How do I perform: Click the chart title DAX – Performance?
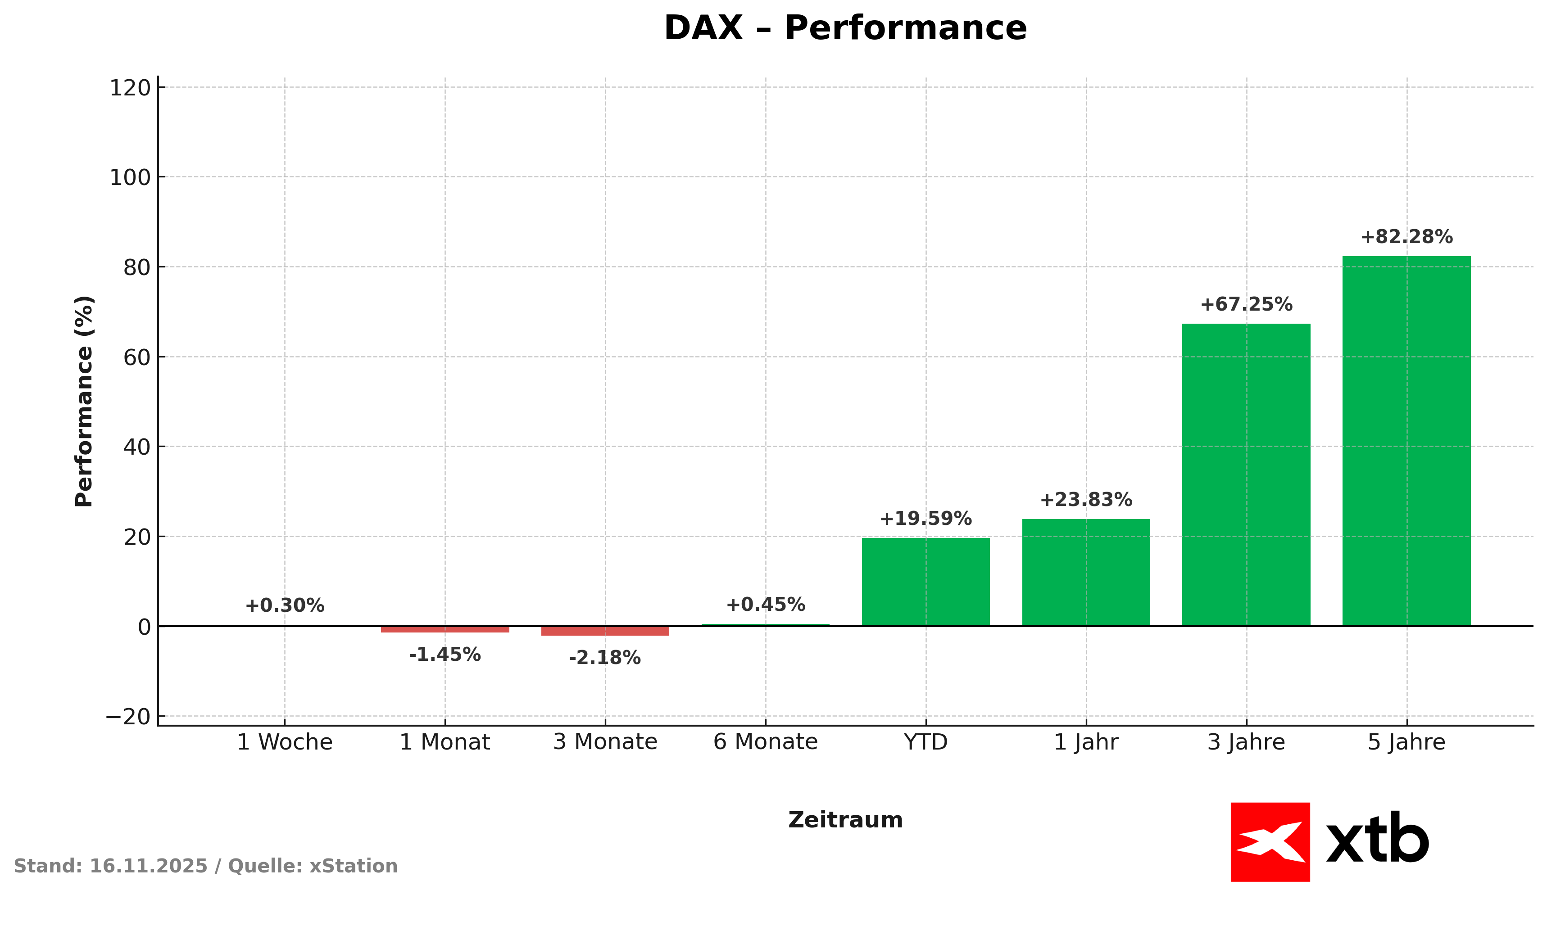(x=845, y=29)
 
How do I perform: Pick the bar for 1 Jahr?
(x=1086, y=572)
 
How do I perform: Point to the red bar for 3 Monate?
(x=605, y=631)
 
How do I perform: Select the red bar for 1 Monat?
(x=445, y=629)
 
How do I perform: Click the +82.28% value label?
(x=1406, y=237)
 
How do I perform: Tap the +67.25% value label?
(x=1246, y=304)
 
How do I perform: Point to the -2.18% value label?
(x=604, y=658)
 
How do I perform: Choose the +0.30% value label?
(x=284, y=605)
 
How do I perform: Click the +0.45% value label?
(x=765, y=604)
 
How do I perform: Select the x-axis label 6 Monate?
(x=765, y=742)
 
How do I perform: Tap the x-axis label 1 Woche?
(x=285, y=742)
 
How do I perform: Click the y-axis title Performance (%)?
(x=84, y=401)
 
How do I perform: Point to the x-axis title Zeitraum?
(x=845, y=820)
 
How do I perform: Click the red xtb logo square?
(x=1270, y=842)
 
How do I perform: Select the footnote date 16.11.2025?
(x=148, y=866)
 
